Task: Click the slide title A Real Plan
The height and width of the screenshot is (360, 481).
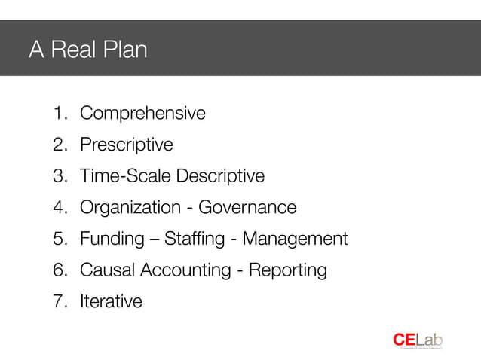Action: click(87, 50)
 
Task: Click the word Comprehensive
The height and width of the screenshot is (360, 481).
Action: click(142, 114)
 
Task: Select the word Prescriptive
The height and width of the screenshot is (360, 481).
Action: click(126, 145)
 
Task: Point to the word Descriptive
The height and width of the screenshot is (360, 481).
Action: click(220, 176)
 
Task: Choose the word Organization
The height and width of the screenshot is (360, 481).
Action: click(128, 207)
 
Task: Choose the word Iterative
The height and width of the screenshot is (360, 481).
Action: click(111, 302)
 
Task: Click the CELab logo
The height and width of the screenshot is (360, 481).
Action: click(417, 340)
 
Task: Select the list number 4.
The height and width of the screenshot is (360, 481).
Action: click(59, 207)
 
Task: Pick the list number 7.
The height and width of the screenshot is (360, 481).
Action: click(59, 302)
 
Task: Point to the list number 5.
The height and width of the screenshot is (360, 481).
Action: click(59, 239)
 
